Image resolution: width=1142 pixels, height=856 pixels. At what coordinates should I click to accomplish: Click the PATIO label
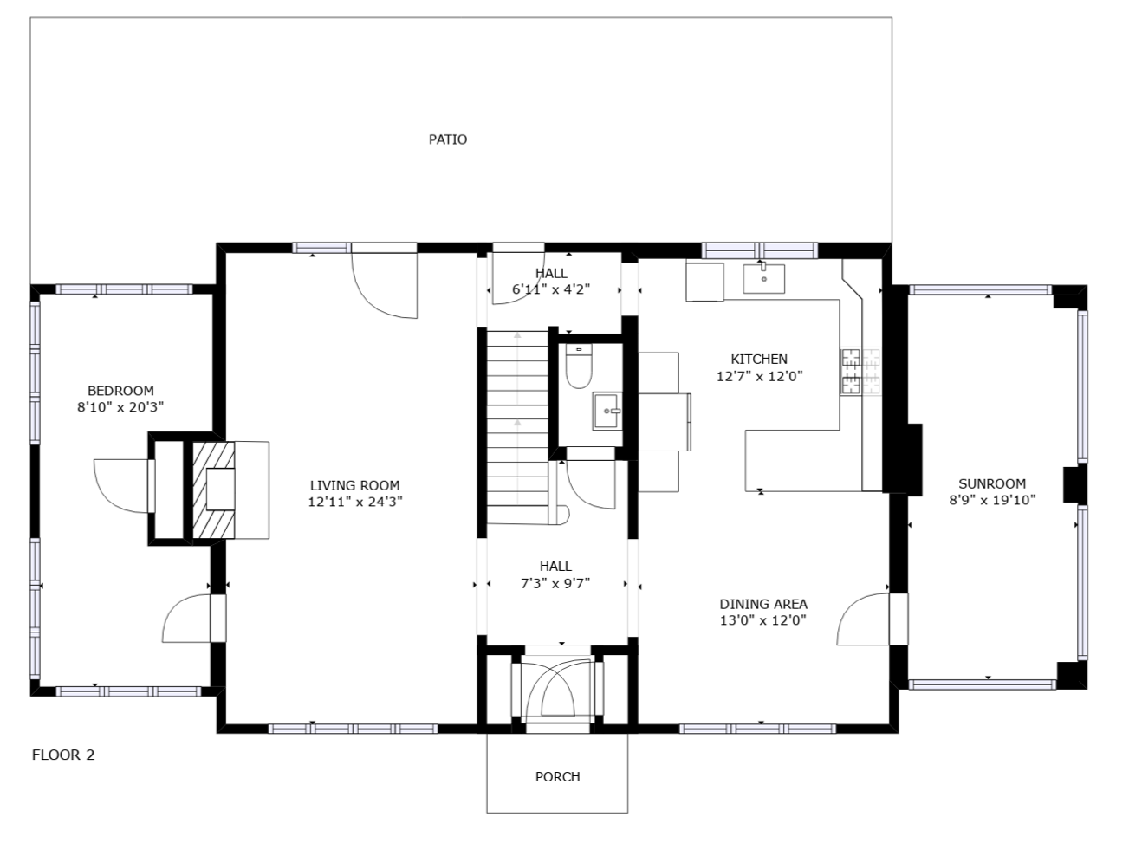point(447,139)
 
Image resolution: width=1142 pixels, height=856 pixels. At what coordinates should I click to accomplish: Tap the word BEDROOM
point(120,391)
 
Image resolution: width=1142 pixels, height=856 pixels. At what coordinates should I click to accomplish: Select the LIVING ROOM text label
point(355,485)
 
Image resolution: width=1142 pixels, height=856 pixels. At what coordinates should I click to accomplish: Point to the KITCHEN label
point(759,359)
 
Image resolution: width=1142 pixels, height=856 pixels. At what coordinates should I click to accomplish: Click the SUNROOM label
point(992,483)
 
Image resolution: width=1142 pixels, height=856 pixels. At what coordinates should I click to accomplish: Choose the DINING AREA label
point(763,604)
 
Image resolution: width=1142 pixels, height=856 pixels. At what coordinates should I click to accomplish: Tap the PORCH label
point(557,776)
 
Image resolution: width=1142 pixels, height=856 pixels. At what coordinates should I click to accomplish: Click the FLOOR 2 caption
point(63,755)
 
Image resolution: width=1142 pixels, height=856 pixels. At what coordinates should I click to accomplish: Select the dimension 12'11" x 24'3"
point(355,502)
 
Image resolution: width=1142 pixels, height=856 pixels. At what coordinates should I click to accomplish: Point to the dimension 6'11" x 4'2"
point(551,289)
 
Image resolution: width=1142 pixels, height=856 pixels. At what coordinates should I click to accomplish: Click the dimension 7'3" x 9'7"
point(555,583)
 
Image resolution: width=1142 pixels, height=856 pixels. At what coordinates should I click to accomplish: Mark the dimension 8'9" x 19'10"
point(992,500)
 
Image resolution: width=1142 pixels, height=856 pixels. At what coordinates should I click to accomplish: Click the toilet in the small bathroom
point(579,366)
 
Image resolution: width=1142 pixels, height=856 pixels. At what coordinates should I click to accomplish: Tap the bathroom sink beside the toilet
point(607,411)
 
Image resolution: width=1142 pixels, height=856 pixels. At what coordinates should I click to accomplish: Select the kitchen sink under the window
point(763,278)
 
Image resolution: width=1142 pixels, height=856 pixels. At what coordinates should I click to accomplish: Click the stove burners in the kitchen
point(860,372)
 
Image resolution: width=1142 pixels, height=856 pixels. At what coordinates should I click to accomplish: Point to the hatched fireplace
point(213,490)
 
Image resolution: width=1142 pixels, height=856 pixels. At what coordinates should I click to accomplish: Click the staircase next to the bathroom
point(517,426)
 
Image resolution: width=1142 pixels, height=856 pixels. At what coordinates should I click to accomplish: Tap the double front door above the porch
point(557,690)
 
